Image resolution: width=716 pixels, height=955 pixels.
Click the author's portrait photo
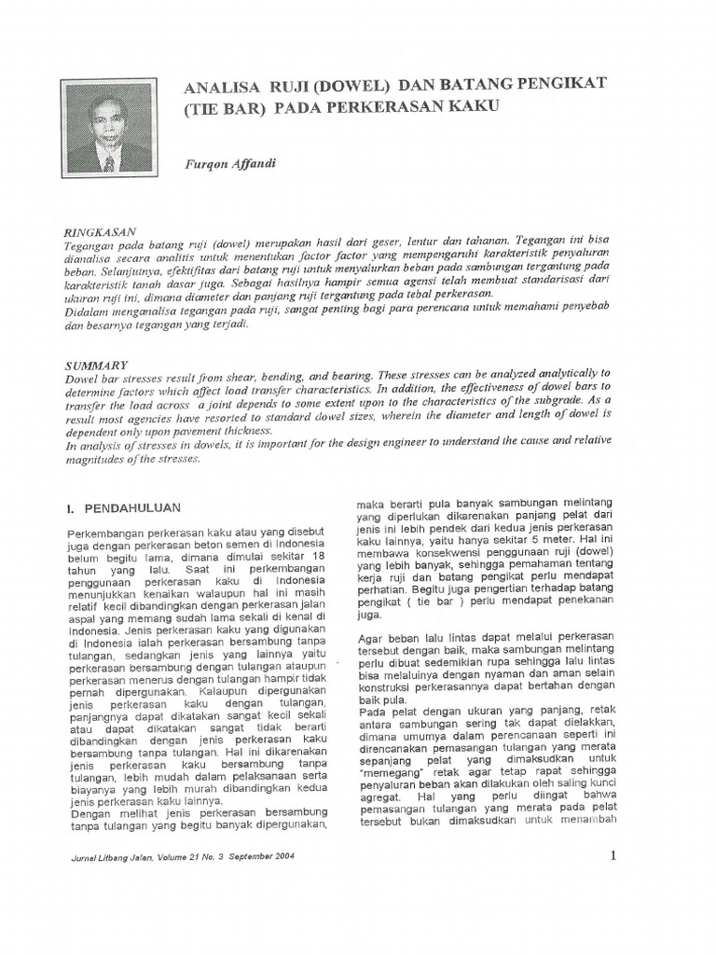click(x=108, y=128)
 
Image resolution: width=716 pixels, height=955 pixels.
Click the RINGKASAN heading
click(x=100, y=229)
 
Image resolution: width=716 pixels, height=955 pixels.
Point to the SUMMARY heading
click(x=96, y=366)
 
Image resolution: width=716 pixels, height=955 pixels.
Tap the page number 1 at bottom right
click(x=613, y=856)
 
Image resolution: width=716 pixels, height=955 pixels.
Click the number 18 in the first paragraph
click(x=319, y=557)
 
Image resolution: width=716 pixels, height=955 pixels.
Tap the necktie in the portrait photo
click(x=109, y=161)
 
